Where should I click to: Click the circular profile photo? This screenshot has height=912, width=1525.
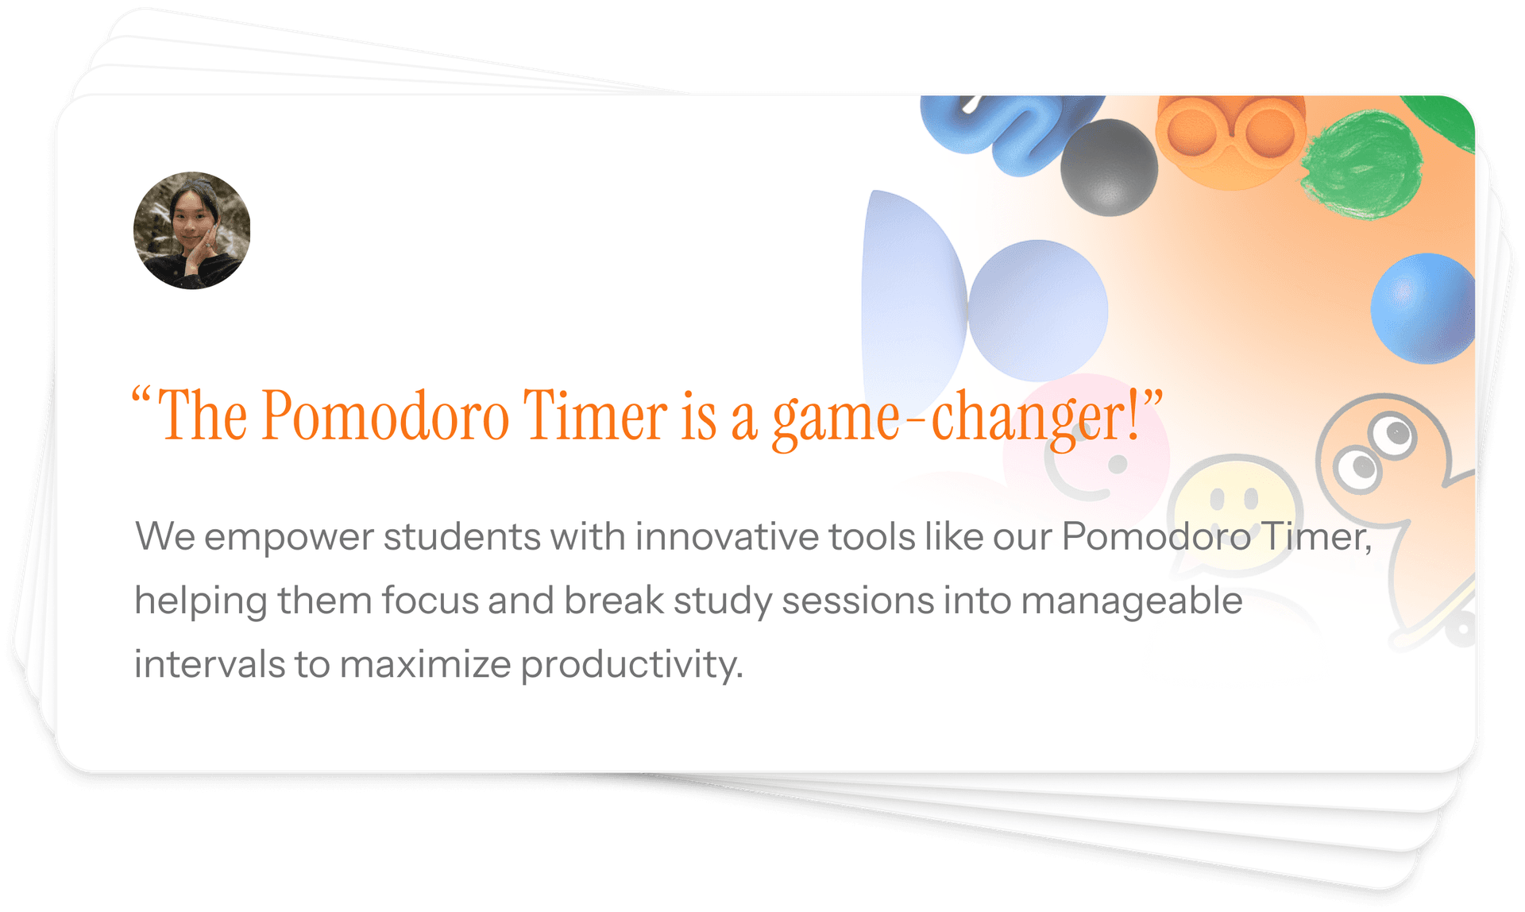click(x=191, y=230)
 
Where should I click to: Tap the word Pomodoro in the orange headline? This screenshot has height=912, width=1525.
click(x=384, y=415)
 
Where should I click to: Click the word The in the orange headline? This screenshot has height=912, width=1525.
click(x=203, y=415)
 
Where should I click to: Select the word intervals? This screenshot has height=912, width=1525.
click(x=209, y=663)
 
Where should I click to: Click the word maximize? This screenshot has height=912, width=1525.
click(x=425, y=663)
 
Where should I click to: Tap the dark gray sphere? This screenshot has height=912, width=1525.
click(x=1109, y=168)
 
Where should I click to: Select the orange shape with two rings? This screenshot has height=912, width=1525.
click(x=1230, y=139)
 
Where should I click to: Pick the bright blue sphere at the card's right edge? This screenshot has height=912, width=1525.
click(x=1423, y=308)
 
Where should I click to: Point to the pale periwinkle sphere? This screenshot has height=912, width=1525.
click(x=1037, y=310)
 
